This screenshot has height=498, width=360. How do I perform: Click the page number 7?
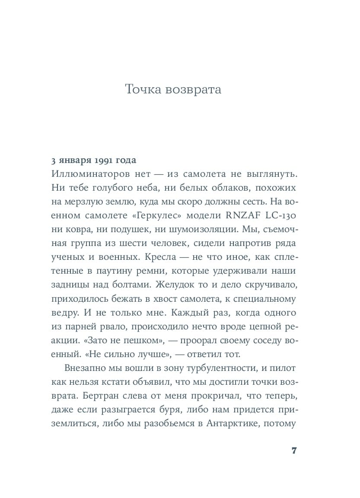pos(294,450)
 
